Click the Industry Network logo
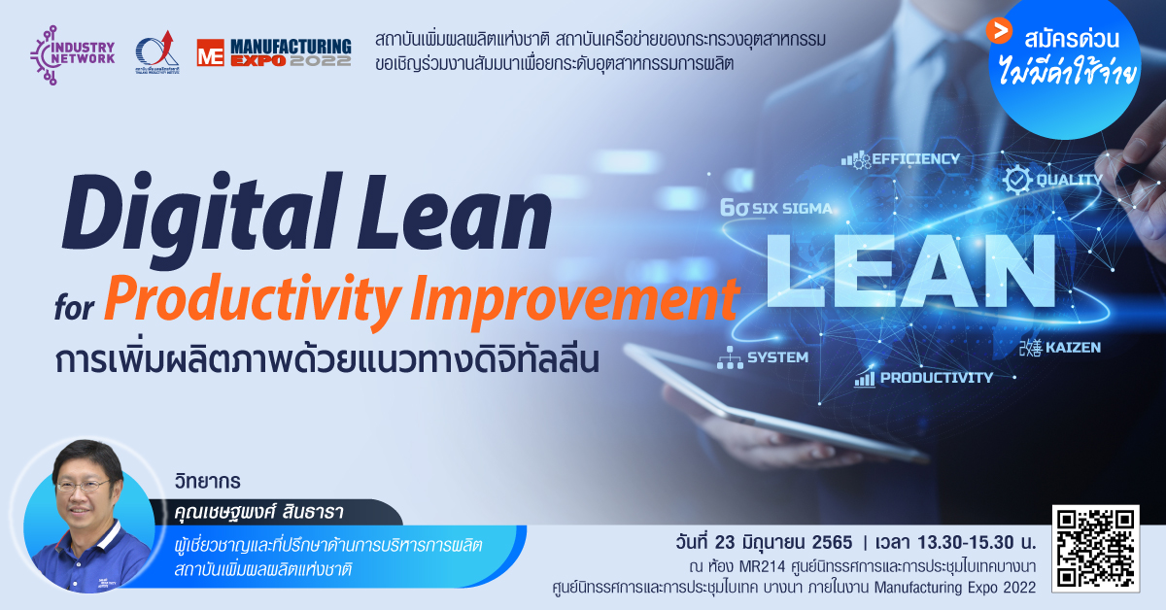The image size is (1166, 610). [72, 54]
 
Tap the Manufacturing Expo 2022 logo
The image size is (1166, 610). [274, 52]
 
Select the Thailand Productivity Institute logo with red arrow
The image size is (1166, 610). [157, 52]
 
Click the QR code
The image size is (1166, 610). [1096, 549]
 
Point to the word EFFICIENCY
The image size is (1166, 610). [915, 158]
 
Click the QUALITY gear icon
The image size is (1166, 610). [1017, 180]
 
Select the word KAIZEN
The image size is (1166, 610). [1073, 347]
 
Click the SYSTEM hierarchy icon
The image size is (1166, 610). [730, 357]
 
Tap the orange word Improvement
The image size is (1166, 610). [574, 299]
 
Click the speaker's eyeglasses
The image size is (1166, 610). [84, 487]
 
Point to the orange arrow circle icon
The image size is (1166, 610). [999, 31]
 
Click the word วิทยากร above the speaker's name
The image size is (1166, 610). [208, 481]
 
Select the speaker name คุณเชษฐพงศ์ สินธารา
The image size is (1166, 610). [259, 513]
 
